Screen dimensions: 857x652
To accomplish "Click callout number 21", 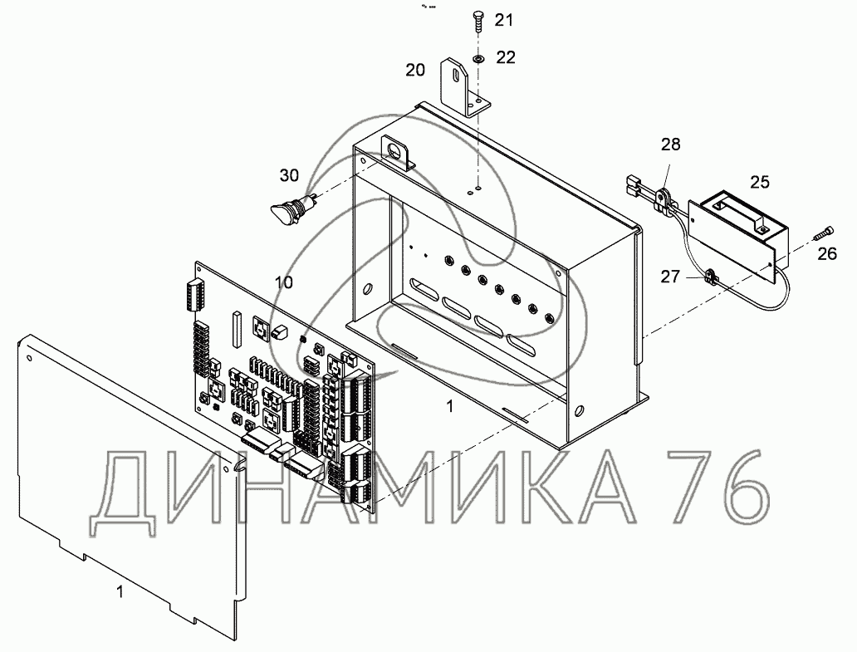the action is [504, 20].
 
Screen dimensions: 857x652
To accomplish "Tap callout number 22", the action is [506, 57].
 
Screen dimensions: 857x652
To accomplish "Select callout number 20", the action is [416, 70].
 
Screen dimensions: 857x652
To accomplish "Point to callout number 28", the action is [671, 145].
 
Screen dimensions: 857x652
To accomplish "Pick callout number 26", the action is [827, 254].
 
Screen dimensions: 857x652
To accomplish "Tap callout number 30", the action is [289, 175].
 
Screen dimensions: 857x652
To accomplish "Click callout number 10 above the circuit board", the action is [284, 282].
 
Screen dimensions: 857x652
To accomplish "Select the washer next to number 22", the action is [479, 58].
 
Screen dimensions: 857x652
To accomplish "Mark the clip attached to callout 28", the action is [662, 197].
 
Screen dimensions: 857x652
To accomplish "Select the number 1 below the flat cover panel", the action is [120, 592].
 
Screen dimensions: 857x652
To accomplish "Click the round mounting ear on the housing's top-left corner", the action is [394, 152].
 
